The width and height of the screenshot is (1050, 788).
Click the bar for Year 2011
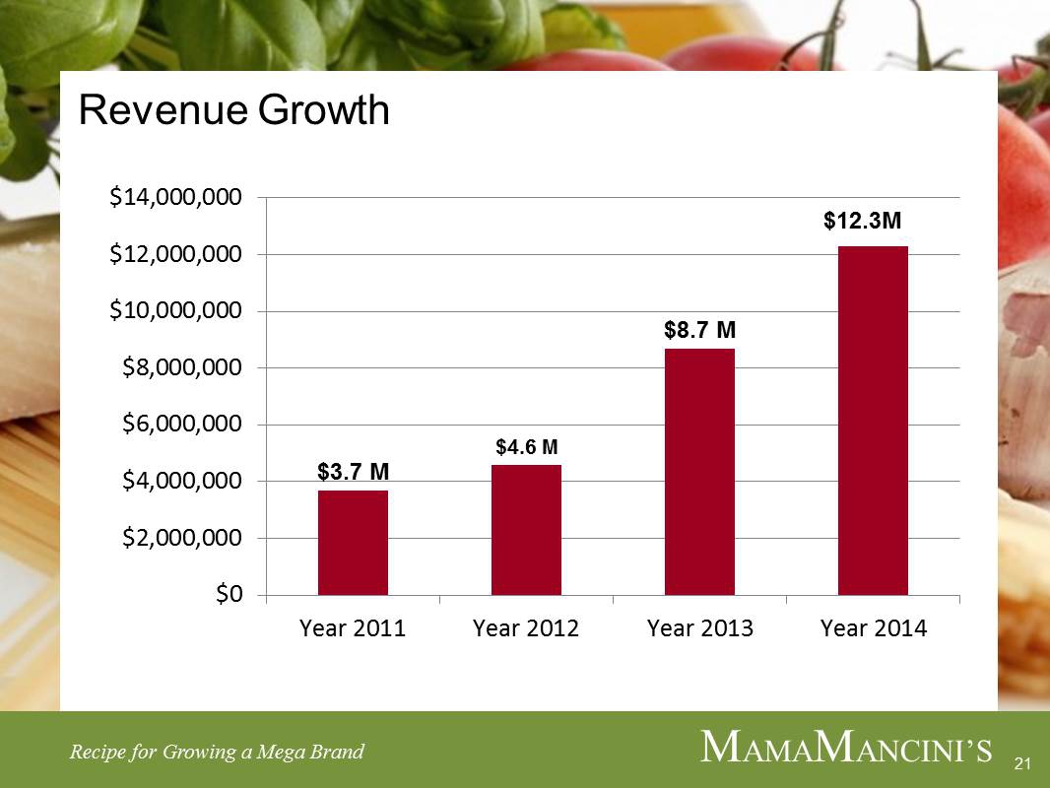(x=353, y=543)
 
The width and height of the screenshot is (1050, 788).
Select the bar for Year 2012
(x=526, y=530)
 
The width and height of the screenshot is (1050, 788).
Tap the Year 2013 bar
(x=699, y=472)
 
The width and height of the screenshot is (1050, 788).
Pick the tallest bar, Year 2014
(x=873, y=421)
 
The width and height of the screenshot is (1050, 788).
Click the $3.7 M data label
(x=353, y=473)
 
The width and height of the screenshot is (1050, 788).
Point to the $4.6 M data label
(x=527, y=448)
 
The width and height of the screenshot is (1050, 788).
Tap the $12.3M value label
(x=863, y=224)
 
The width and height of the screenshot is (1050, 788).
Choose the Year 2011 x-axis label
(x=353, y=628)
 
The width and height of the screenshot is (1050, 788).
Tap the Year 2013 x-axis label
(x=699, y=628)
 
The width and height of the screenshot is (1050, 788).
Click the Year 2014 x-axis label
(x=874, y=628)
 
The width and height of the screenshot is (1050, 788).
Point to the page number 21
(x=1020, y=764)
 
